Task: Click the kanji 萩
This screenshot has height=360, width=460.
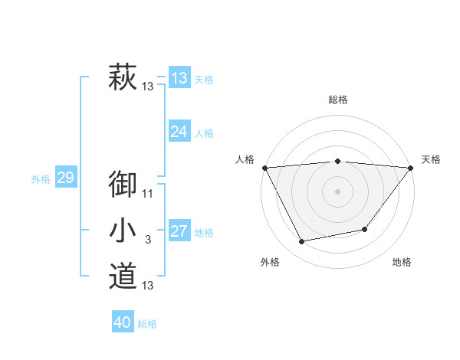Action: point(123,78)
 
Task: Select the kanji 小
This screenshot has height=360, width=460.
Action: point(123,231)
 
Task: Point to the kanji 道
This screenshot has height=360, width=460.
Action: point(123,276)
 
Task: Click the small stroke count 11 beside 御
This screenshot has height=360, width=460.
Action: point(148,195)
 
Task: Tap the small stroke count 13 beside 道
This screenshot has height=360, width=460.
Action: point(148,286)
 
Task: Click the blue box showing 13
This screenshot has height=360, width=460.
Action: point(179,78)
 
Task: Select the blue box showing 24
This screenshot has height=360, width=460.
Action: point(179,132)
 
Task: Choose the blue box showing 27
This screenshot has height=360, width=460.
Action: point(179,231)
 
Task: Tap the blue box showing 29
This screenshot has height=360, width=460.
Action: point(65,178)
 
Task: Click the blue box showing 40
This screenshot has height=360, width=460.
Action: point(123,322)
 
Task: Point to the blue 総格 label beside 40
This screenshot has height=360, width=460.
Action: point(147,324)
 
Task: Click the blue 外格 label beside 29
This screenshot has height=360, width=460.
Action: point(41,179)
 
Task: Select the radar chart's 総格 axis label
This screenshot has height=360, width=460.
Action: point(338,100)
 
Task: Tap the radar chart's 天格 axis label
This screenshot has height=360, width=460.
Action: point(431,159)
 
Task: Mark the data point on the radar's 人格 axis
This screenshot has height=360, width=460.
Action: point(265,167)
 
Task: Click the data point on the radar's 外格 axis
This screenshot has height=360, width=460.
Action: point(302,242)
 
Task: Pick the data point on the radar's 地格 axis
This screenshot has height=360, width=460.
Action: point(365,229)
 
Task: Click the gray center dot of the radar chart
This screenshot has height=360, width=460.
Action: point(338,191)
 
